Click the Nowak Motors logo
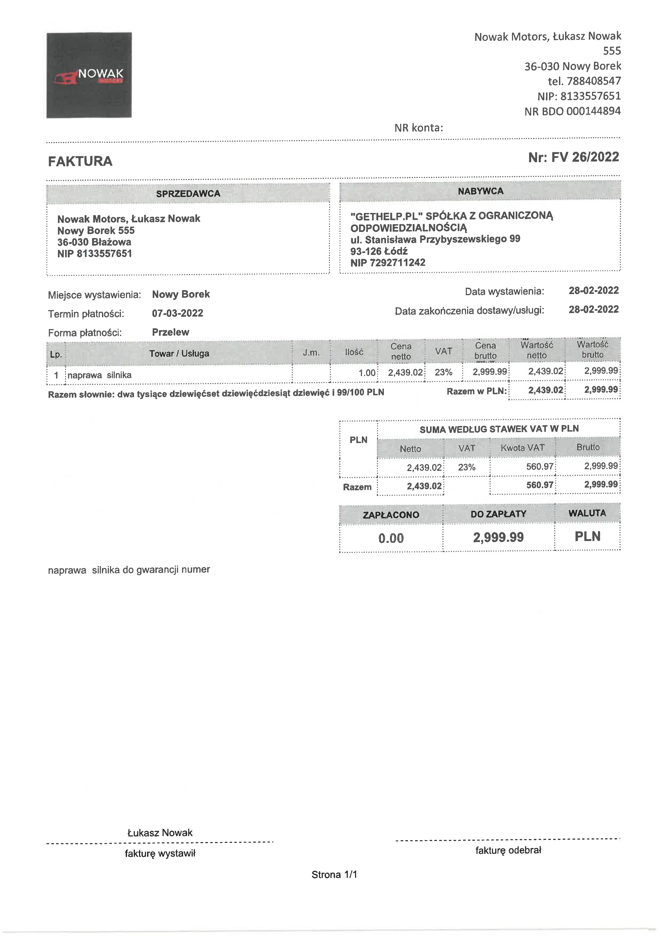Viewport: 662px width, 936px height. click(x=89, y=76)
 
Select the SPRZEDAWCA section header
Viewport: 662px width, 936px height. click(x=188, y=194)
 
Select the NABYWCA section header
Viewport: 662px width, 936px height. click(x=480, y=191)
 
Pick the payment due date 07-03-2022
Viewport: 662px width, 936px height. click(x=177, y=313)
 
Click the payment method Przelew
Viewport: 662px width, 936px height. click(x=170, y=332)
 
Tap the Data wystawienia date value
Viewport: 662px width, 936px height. click(x=593, y=291)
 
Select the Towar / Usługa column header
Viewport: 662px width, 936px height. click(x=179, y=353)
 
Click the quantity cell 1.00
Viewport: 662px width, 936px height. click(x=367, y=373)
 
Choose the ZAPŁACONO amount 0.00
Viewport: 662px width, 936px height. click(x=391, y=538)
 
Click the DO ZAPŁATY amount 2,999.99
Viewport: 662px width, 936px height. click(x=498, y=537)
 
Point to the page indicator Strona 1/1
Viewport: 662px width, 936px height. click(x=334, y=874)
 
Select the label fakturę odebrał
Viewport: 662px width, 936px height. click(x=508, y=850)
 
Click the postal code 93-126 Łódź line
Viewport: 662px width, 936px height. click(x=379, y=251)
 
